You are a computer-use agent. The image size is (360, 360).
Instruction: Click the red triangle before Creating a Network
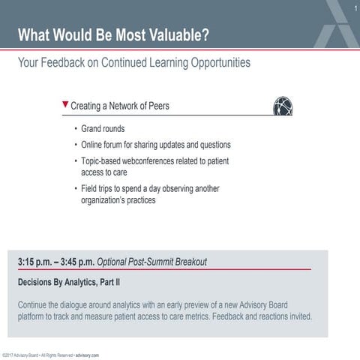click(66, 105)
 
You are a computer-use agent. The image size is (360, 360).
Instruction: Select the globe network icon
click(283, 106)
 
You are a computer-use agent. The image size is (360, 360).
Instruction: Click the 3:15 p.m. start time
click(38, 262)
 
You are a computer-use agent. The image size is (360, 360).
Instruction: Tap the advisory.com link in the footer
click(87, 355)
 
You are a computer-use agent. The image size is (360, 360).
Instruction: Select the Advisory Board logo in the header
click(334, 22)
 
